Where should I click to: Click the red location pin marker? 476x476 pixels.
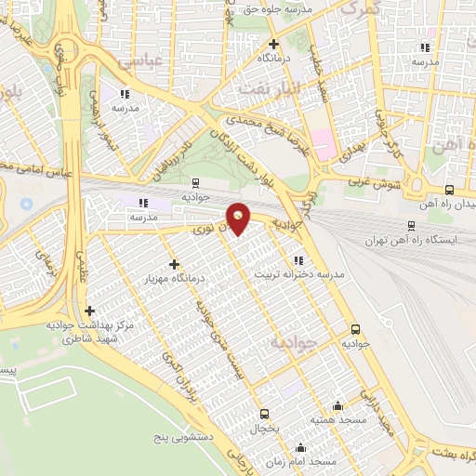click(x=238, y=219)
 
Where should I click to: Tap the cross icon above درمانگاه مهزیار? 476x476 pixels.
click(x=174, y=265)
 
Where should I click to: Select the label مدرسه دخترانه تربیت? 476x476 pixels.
click(x=332, y=275)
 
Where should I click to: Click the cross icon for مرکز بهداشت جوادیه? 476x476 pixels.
click(x=89, y=311)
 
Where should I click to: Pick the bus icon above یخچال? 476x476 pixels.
click(x=265, y=414)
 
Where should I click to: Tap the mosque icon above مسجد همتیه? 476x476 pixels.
click(x=337, y=405)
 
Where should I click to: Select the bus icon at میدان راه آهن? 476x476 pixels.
click(x=449, y=189)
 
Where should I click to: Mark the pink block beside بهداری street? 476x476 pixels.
click(x=321, y=144)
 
